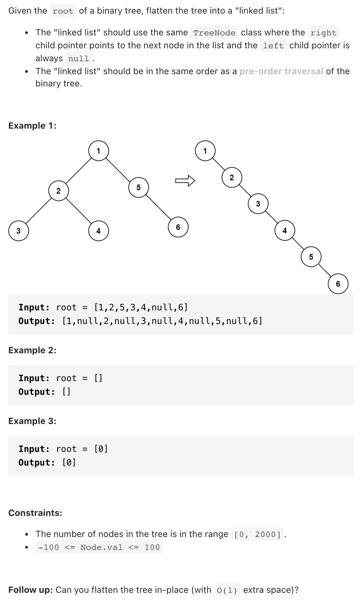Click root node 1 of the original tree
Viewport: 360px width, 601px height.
pyautogui.click(x=98, y=151)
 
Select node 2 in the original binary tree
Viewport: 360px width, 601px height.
pyautogui.click(x=59, y=191)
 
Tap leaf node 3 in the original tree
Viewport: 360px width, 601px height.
pyautogui.click(x=18, y=231)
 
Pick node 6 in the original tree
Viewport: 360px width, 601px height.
pyautogui.click(x=178, y=227)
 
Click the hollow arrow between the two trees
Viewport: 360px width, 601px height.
pyautogui.click(x=185, y=180)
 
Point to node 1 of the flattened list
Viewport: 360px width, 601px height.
pyautogui.click(x=205, y=151)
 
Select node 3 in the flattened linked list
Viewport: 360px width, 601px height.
pyautogui.click(x=258, y=204)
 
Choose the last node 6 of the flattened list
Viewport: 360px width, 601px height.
pyautogui.click(x=338, y=284)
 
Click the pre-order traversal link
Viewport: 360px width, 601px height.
pyautogui.click(x=281, y=71)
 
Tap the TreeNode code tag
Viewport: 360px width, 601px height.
pyautogui.click(x=214, y=33)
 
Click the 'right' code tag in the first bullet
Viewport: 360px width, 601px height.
pyautogui.click(x=323, y=33)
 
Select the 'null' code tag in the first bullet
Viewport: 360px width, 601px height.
pyautogui.click(x=79, y=59)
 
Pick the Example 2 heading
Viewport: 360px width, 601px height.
pyautogui.click(x=32, y=350)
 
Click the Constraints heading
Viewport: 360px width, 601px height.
pyautogui.click(x=35, y=513)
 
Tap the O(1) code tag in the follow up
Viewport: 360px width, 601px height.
pyautogui.click(x=227, y=590)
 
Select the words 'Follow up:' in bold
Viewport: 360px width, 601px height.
pyautogui.click(x=30, y=590)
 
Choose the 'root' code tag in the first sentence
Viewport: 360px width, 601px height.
pyautogui.click(x=63, y=11)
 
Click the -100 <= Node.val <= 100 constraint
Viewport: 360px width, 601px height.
pyautogui.click(x=99, y=547)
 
